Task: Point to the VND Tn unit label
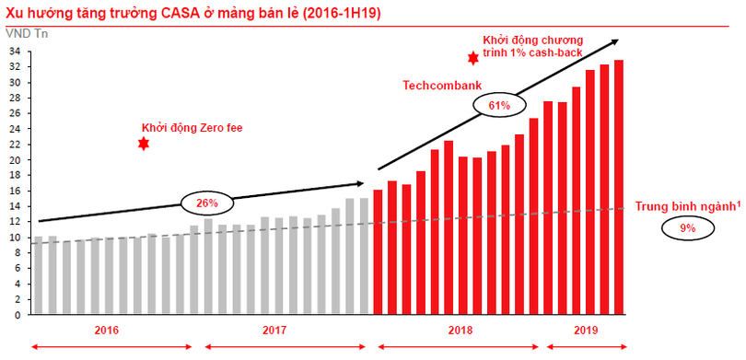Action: (x=23, y=34)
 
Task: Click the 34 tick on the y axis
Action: (x=16, y=52)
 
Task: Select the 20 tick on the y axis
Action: (x=16, y=160)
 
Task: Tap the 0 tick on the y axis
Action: (x=18, y=315)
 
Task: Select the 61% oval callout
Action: (x=498, y=106)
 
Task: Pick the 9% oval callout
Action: (x=686, y=226)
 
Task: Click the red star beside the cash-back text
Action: (x=472, y=58)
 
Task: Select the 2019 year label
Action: (x=586, y=331)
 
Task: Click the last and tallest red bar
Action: (x=619, y=187)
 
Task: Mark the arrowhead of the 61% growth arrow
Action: (x=615, y=41)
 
